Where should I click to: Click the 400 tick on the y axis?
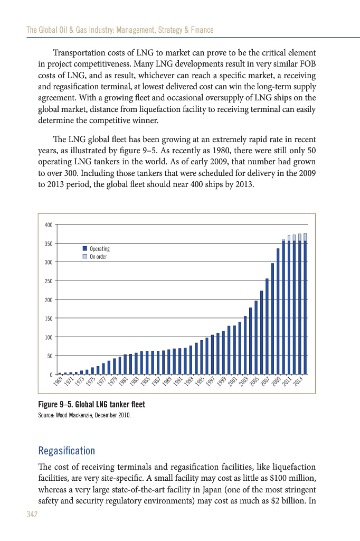48,225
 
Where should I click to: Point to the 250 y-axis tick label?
48,281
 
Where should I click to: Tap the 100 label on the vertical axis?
48,337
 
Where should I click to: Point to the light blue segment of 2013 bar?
305,237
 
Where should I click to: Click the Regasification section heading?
67,451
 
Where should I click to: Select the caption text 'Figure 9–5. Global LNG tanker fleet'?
91,405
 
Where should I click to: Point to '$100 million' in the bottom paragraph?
294,478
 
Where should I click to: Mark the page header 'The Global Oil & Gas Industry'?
120,30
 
